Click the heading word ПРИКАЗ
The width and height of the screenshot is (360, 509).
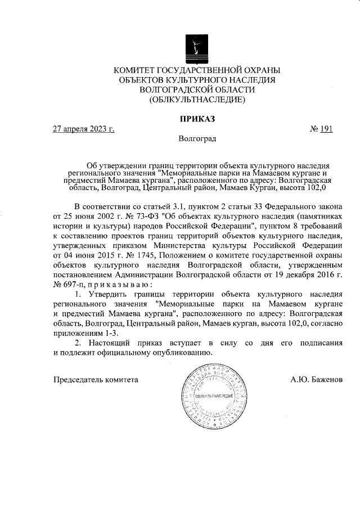click(x=197, y=119)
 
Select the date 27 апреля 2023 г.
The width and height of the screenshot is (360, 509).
click(x=83, y=129)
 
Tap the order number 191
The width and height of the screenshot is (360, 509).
click(x=326, y=129)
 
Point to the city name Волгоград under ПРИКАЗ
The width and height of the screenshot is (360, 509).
click(x=197, y=138)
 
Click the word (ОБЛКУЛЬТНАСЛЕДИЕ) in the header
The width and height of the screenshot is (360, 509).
click(x=197, y=100)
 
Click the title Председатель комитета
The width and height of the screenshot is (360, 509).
click(x=96, y=379)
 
